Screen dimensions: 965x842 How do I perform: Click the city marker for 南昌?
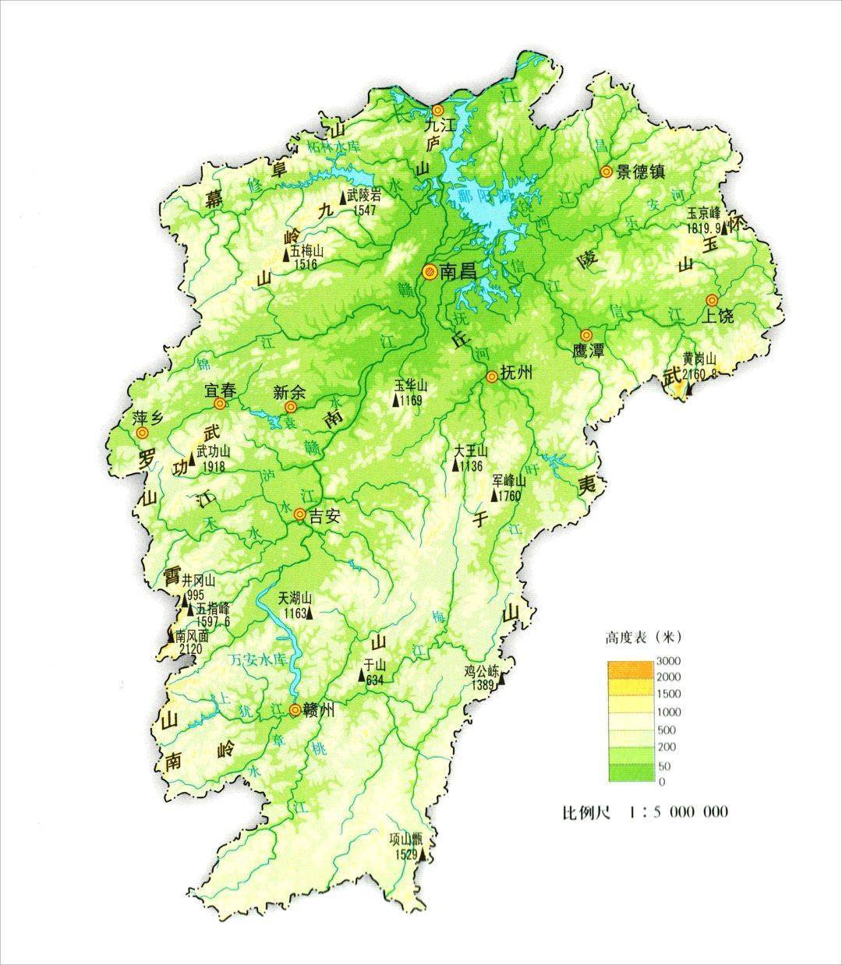click(429, 271)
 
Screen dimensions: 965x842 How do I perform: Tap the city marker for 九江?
click(437, 111)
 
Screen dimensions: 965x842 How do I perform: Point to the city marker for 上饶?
click(712, 300)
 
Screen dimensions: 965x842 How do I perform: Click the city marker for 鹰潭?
click(586, 334)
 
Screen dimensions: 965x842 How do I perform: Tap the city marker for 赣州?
click(295, 709)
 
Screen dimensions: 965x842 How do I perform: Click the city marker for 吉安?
click(300, 514)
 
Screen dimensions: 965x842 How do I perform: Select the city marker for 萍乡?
click(141, 433)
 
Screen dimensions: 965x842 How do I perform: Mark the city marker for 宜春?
click(221, 404)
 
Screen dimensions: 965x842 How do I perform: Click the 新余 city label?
click(289, 392)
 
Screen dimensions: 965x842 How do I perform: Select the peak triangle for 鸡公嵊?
click(503, 680)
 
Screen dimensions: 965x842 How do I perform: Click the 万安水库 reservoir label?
click(260, 659)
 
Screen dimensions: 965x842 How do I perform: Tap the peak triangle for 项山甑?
click(423, 854)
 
